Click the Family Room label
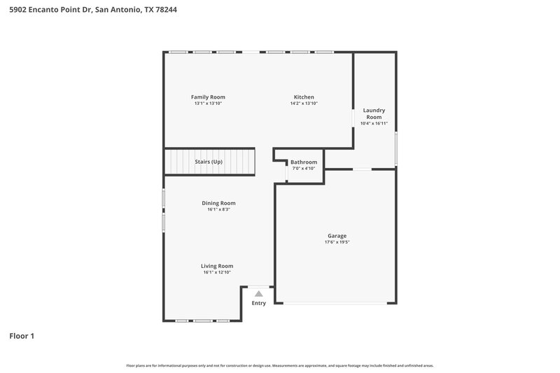coord(208,97)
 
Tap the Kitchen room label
coord(304,97)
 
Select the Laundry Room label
coord(374,113)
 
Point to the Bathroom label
coord(304,162)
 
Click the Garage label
coord(337,236)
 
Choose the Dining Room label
coord(218,203)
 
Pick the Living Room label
coord(217,266)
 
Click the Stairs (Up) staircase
coord(209,162)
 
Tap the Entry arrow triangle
coord(259,294)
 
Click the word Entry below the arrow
coord(259,303)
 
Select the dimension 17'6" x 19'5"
coord(337,243)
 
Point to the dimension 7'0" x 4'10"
coord(304,169)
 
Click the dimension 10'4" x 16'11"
coord(374,124)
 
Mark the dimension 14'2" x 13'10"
coord(304,104)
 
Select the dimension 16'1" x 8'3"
coord(218,209)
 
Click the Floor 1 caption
coord(22,336)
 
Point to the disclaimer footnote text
coord(279,365)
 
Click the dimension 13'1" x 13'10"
coord(208,104)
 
